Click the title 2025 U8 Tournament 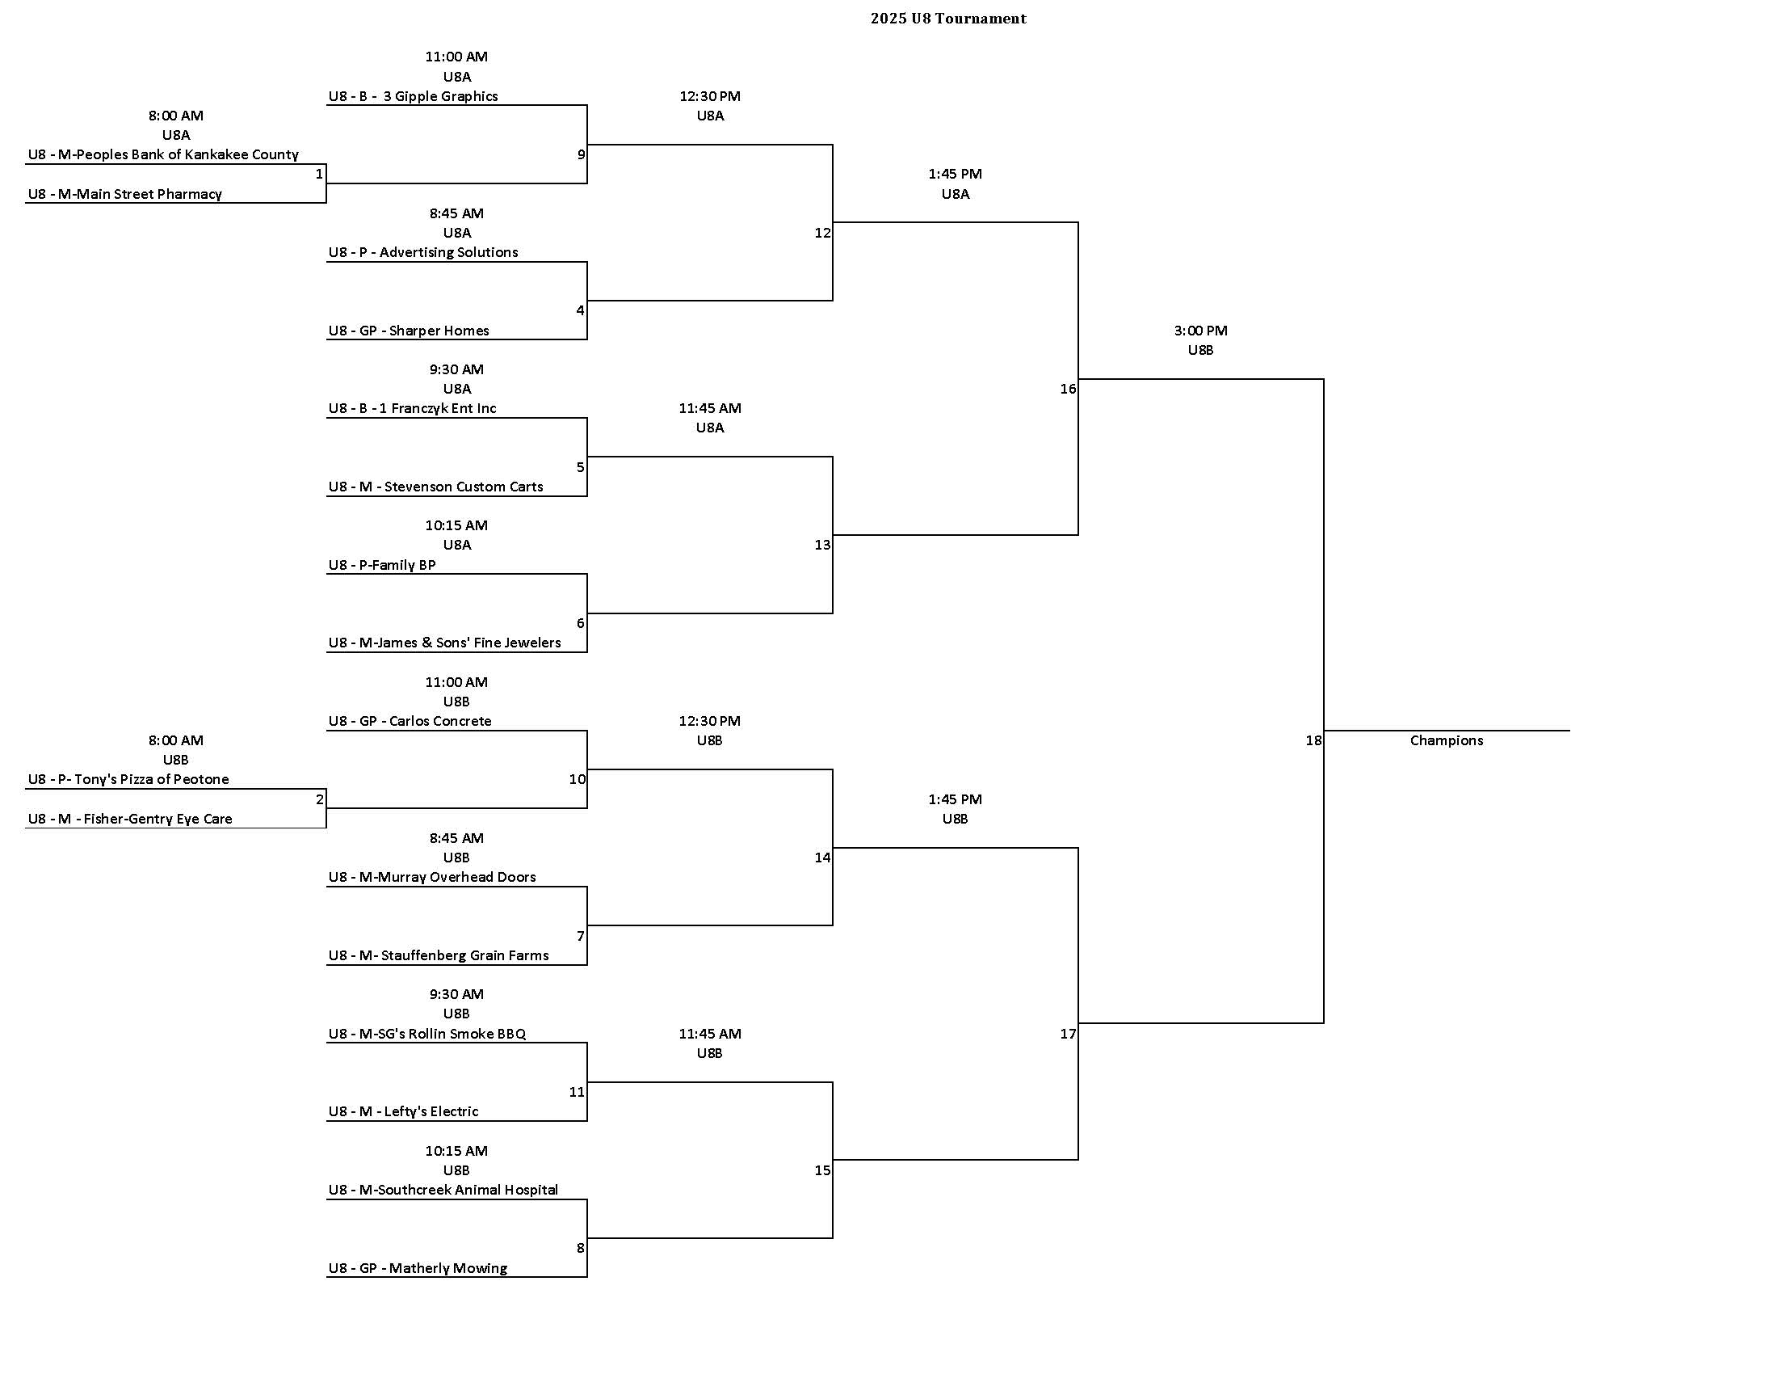pyautogui.click(x=948, y=19)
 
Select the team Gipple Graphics pyautogui.click(x=413, y=96)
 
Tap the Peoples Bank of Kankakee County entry pyautogui.click(x=162, y=154)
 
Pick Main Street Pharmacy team pyautogui.click(x=124, y=194)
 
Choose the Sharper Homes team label pyautogui.click(x=409, y=331)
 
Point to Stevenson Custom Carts pyautogui.click(x=435, y=487)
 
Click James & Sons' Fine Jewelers pyautogui.click(x=444, y=643)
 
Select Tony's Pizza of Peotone pyautogui.click(x=128, y=779)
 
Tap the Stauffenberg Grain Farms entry pyautogui.click(x=439, y=955)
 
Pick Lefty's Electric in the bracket pyautogui.click(x=404, y=1111)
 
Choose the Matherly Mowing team pyautogui.click(x=418, y=1268)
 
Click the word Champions pyautogui.click(x=1446, y=740)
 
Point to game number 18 pyautogui.click(x=1313, y=740)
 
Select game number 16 pyautogui.click(x=1068, y=389)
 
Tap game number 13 pyautogui.click(x=822, y=545)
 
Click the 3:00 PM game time pyautogui.click(x=1200, y=331)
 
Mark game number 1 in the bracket pyautogui.click(x=319, y=175)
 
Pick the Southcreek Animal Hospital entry pyautogui.click(x=443, y=1190)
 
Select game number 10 pyautogui.click(x=577, y=779)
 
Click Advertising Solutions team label pyautogui.click(x=423, y=252)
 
